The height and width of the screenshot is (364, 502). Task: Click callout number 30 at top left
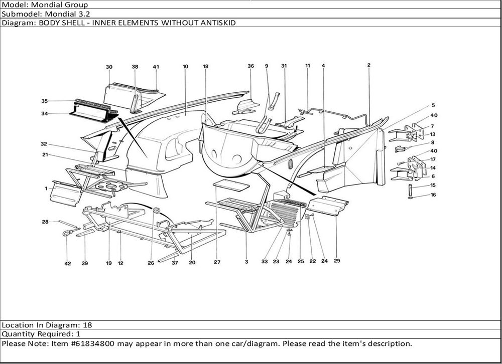coord(109,67)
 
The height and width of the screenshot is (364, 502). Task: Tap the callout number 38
coord(135,67)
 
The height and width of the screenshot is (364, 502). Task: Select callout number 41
coord(156,67)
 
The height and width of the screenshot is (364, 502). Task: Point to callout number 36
coord(250,66)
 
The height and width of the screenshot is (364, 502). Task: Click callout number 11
coord(308,66)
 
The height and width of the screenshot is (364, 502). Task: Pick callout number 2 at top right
coord(368,65)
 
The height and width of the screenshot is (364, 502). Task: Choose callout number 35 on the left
coord(44,101)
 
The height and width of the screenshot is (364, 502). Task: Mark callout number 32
coord(44,144)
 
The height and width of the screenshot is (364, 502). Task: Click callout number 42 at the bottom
coord(67,263)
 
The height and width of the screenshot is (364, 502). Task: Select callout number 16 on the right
coord(433,195)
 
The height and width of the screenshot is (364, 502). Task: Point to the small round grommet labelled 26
coord(156,210)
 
